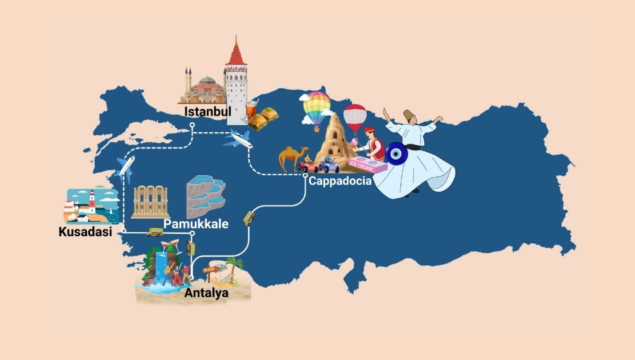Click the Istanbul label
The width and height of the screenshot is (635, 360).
coord(207,112)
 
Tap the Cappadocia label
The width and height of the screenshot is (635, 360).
coord(340,181)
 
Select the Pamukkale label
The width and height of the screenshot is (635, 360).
coord(196,224)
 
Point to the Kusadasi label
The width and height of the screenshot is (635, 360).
coord(85,232)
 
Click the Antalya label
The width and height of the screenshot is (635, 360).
coord(206,293)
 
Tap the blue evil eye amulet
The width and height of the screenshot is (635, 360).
coord(396,154)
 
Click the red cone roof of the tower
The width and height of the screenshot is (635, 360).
coord(236,53)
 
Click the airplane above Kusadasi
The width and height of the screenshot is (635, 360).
coord(125,167)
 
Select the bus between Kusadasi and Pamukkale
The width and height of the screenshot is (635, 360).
coord(154,232)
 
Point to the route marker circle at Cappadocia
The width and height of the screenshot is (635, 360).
coord(305,176)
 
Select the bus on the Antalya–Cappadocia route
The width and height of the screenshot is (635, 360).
coord(249,218)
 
